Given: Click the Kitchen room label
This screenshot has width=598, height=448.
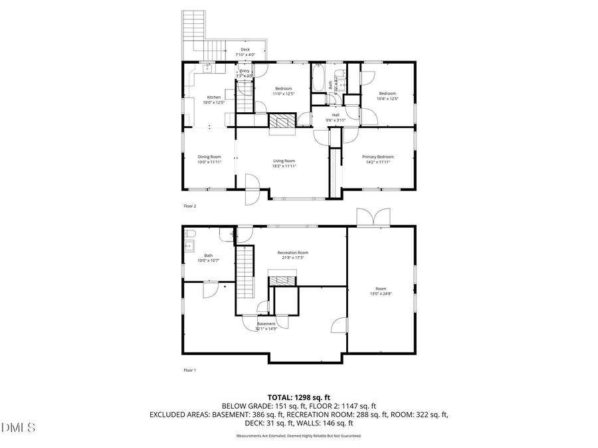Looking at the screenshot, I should click(x=213, y=98).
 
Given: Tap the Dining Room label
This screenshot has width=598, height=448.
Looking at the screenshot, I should click(x=209, y=157).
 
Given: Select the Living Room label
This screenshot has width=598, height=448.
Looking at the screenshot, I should click(x=284, y=161).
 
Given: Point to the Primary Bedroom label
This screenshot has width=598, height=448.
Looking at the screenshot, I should click(x=377, y=157).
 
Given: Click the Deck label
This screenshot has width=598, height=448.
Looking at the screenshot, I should click(x=245, y=50).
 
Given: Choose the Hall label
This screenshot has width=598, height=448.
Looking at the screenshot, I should click(x=336, y=115).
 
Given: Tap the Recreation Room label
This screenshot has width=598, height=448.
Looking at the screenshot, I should click(x=292, y=252).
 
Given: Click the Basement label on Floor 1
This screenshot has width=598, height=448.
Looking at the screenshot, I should click(x=266, y=324).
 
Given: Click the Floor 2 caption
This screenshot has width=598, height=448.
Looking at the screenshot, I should click(x=189, y=206).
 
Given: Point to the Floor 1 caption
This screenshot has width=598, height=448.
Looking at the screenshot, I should click(x=189, y=370).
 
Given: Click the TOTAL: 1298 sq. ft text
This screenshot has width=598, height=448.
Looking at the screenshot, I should click(x=298, y=396).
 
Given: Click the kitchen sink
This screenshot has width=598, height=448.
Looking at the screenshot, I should click(x=207, y=67).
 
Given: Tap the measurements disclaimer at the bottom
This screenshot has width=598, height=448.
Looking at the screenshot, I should click(x=298, y=436).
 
